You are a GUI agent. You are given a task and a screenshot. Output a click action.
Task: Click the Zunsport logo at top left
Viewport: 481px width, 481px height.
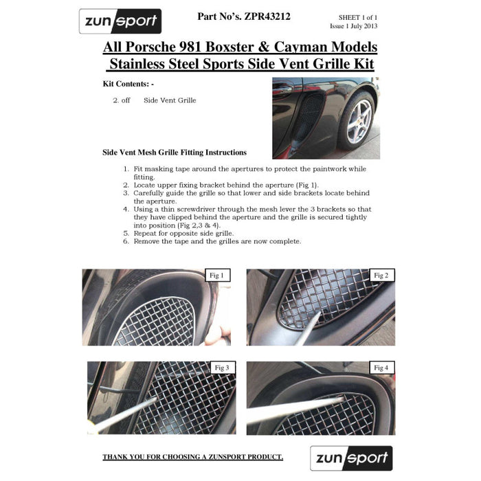(x=120, y=21)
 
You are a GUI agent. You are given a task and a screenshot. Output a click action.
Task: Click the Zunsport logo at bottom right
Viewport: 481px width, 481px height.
(x=351, y=458)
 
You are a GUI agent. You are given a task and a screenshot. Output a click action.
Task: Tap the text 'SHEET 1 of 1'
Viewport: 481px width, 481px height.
(x=357, y=16)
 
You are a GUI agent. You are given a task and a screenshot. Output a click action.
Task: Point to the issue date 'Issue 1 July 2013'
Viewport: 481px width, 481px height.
(x=353, y=26)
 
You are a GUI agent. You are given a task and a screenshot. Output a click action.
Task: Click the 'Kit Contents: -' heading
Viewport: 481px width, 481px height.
(x=128, y=84)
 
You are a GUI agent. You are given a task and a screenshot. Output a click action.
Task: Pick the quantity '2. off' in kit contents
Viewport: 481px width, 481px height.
(x=122, y=100)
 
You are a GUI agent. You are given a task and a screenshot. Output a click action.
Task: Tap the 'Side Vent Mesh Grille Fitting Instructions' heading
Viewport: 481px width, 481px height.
(x=175, y=153)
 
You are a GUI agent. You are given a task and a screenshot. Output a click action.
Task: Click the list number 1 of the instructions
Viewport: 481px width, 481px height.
(x=126, y=169)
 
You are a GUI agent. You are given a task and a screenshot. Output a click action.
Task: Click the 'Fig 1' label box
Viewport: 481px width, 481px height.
(x=216, y=276)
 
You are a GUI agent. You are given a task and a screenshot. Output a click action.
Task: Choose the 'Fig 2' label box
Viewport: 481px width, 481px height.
(x=381, y=276)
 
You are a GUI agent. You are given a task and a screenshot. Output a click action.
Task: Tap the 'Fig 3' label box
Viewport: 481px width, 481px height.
(x=221, y=368)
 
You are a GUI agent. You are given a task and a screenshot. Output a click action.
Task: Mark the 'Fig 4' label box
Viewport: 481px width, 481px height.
(x=381, y=368)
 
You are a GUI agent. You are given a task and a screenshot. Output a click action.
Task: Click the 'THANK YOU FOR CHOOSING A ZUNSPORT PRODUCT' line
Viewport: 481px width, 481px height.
(x=192, y=457)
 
